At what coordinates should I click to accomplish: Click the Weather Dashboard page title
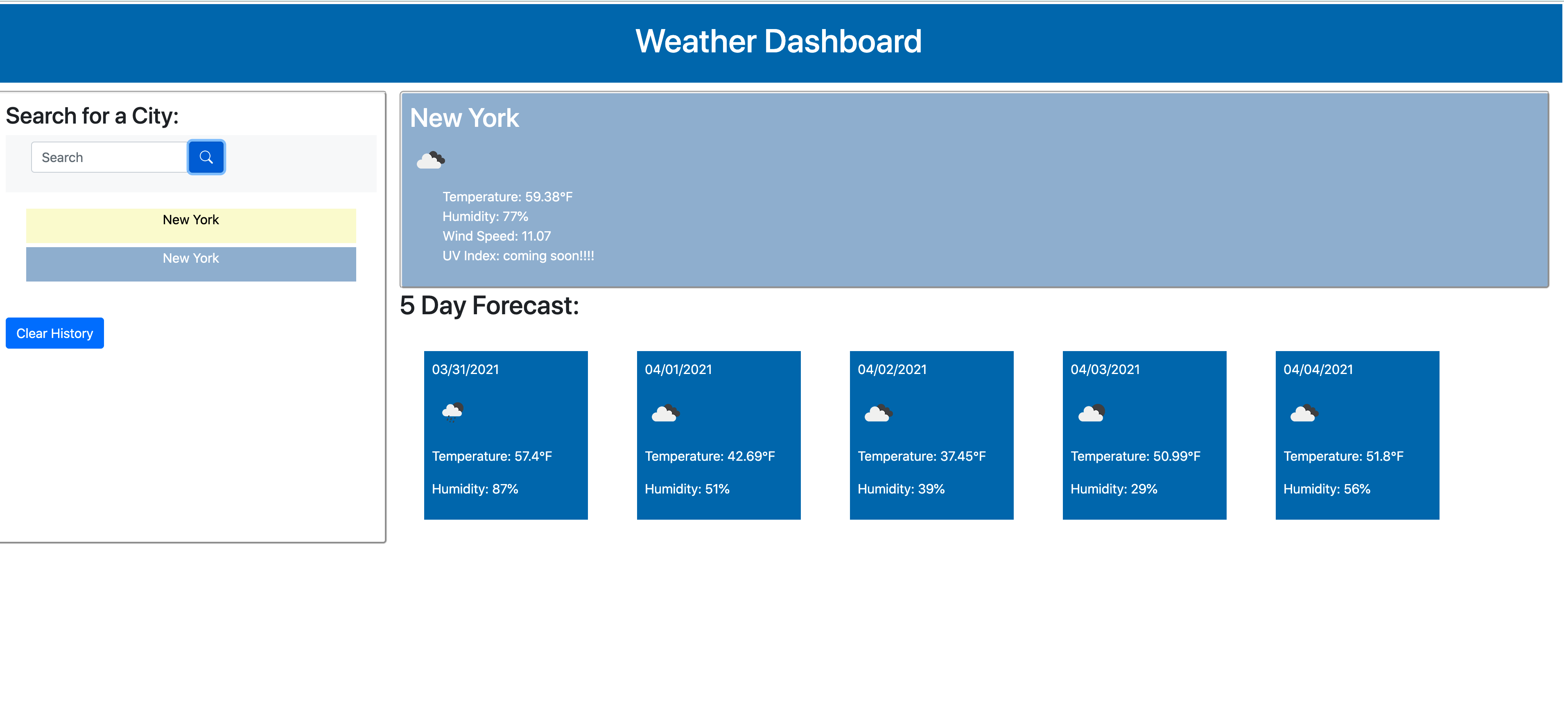(x=778, y=41)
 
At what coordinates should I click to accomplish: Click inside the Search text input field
(x=109, y=157)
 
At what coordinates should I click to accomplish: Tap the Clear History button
(x=54, y=333)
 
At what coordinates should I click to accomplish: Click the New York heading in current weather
(x=464, y=118)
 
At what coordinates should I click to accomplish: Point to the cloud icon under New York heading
(x=430, y=160)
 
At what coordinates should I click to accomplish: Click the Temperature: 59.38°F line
(x=507, y=197)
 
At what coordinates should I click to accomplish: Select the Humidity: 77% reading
(x=485, y=216)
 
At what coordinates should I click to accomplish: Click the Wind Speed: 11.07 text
(x=496, y=236)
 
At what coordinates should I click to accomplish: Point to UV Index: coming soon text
(x=518, y=255)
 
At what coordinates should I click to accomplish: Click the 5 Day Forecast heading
(x=489, y=305)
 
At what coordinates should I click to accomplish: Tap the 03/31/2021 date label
(x=465, y=370)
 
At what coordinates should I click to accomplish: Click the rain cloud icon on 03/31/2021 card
(x=452, y=412)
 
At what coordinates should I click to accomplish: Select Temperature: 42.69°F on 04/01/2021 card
(x=709, y=456)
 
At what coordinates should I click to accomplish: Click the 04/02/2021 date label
(x=891, y=370)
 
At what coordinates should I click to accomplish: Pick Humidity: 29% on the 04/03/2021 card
(x=1114, y=489)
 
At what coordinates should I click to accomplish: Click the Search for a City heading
(x=92, y=116)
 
